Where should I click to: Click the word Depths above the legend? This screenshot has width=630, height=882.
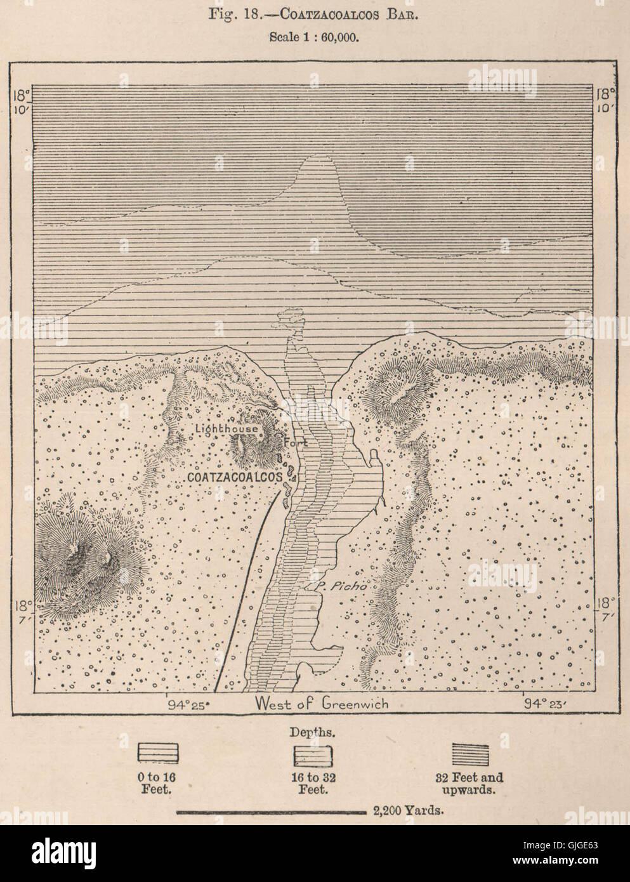tap(314, 732)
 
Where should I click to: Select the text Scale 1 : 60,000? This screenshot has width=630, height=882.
tap(315, 37)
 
